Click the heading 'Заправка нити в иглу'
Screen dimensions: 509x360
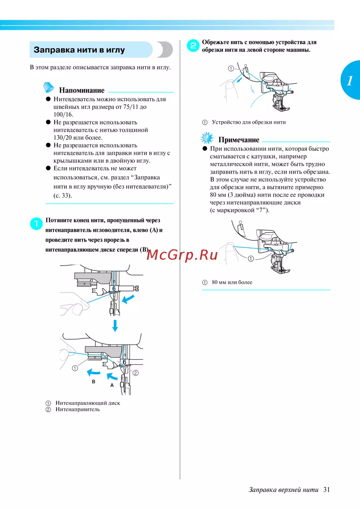[79, 50]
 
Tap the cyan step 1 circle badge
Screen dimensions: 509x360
[36, 224]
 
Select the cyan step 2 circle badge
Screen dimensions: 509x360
[193, 45]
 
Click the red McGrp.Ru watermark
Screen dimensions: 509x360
[182, 255]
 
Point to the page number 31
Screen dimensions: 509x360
[327, 490]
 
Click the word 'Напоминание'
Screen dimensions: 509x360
[82, 90]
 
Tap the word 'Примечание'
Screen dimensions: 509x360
[239, 140]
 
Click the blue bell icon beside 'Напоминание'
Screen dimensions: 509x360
[49, 87]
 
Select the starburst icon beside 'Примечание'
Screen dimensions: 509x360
[207, 138]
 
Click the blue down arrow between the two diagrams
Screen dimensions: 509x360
[115, 325]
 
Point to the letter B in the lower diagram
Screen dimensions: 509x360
[94, 381]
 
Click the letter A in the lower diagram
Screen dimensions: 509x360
[112, 385]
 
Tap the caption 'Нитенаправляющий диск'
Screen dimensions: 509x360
[88, 403]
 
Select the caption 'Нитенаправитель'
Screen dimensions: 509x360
[78, 409]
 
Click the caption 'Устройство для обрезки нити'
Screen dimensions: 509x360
[249, 122]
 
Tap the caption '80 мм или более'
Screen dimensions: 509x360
[232, 282]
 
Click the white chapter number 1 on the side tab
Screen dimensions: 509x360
[350, 80]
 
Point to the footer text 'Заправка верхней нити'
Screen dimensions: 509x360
[283, 490]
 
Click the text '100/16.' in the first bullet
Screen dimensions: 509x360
[63, 115]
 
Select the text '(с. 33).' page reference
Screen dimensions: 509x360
[63, 196]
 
